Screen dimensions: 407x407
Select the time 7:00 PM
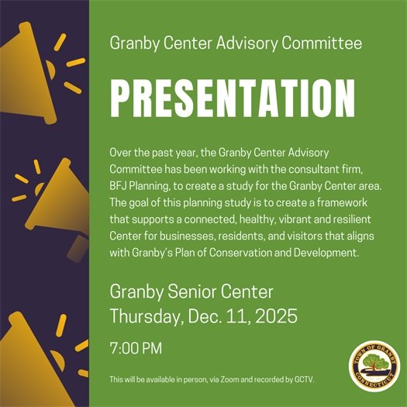[x=136, y=348]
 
